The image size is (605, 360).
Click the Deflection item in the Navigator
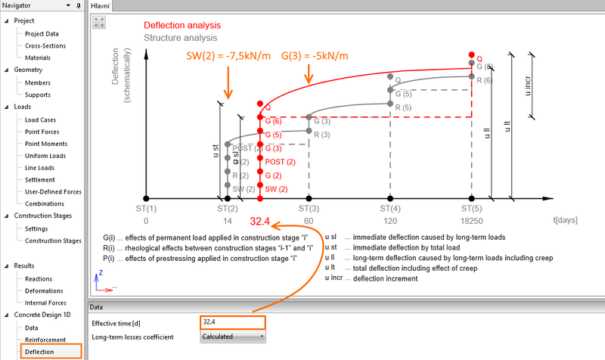tap(39, 352)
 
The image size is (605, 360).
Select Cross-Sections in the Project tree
tap(45, 45)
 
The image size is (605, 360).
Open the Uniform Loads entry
tap(46, 156)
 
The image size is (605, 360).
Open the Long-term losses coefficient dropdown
tap(233, 337)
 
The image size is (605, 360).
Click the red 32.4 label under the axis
tap(261, 222)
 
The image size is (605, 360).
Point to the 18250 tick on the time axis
tap(472, 222)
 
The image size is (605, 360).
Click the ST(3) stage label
tap(309, 208)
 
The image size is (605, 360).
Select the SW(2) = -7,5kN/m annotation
tap(228, 57)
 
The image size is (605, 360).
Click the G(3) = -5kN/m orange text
tap(315, 57)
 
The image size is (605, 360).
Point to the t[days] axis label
tap(565, 222)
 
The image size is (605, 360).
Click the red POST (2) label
tap(280, 162)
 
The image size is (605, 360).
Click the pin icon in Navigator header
tap(79, 5)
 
